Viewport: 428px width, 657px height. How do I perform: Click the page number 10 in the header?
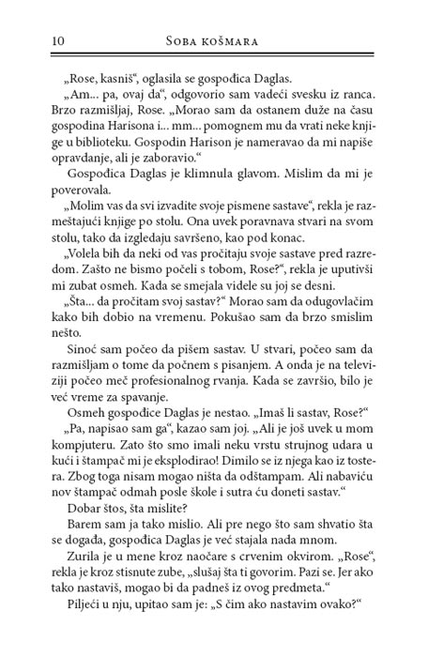(34, 40)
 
